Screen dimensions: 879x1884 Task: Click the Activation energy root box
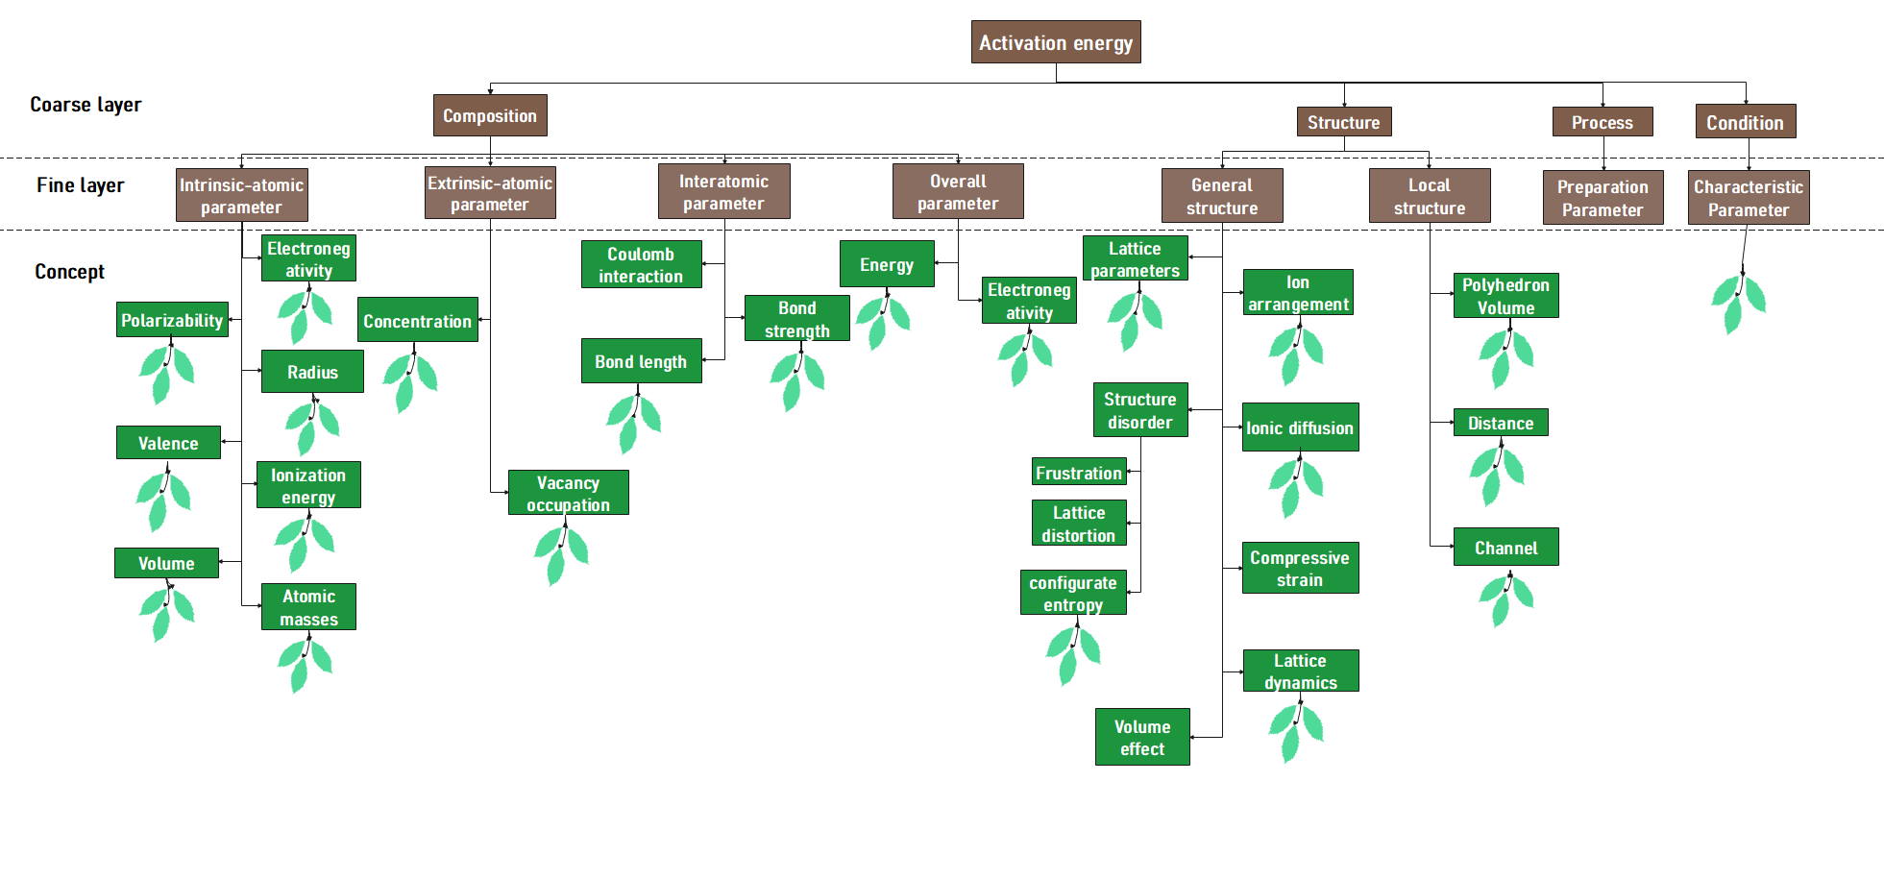click(x=1055, y=42)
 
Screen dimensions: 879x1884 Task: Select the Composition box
click(x=490, y=115)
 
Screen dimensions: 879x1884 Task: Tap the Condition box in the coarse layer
click(x=1745, y=122)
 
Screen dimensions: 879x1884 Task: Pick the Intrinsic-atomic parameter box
click(x=241, y=195)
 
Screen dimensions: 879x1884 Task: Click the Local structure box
click(x=1430, y=196)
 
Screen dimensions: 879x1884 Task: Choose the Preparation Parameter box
click(x=1603, y=198)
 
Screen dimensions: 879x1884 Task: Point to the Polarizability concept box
click(x=172, y=320)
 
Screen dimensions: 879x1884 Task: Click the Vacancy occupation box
click(x=568, y=493)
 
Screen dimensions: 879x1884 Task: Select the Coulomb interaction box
click(x=641, y=264)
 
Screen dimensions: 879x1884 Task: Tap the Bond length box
click(x=641, y=361)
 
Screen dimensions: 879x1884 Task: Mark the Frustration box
click(x=1079, y=472)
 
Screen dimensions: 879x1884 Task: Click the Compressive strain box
click(x=1300, y=568)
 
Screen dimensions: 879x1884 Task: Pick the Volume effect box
click(x=1142, y=737)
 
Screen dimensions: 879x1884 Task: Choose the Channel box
click(x=1505, y=548)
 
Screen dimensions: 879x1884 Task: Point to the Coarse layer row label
click(x=86, y=104)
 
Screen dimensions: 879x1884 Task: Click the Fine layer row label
click(x=81, y=184)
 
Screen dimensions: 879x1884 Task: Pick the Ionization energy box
click(x=308, y=485)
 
